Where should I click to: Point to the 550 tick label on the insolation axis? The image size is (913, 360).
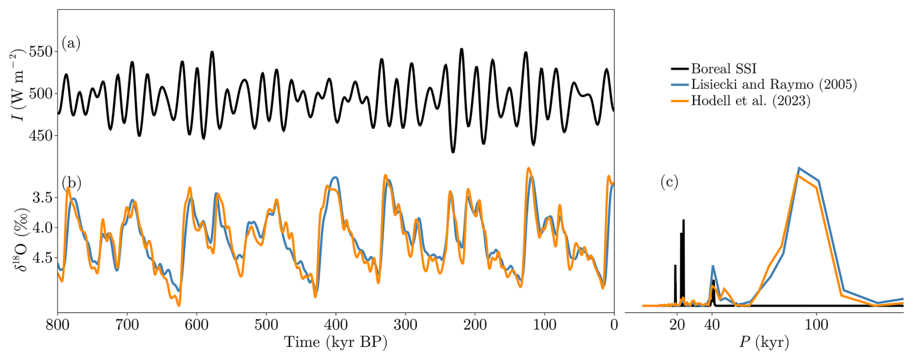(41, 51)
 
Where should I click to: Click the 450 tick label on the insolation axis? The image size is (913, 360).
(41, 136)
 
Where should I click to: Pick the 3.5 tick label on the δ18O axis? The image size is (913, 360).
(42, 197)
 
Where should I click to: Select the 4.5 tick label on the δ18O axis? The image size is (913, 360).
(42, 258)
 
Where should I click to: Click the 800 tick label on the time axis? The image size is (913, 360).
(57, 325)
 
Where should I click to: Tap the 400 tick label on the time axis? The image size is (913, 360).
(336, 325)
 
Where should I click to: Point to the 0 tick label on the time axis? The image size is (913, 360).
(614, 325)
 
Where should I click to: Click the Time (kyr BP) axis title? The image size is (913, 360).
(335, 342)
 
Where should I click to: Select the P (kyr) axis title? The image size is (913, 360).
(763, 342)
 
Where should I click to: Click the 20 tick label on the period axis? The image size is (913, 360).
(677, 325)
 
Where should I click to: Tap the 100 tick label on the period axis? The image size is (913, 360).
(816, 325)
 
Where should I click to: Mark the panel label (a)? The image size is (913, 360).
(71, 43)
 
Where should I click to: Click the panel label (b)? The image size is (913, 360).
(71, 182)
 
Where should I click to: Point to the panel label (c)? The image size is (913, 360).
(669, 182)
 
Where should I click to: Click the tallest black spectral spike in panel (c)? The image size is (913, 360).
(683, 221)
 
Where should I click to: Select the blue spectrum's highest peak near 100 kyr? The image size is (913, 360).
(799, 168)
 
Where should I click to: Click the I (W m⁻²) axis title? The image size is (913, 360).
(17, 84)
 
